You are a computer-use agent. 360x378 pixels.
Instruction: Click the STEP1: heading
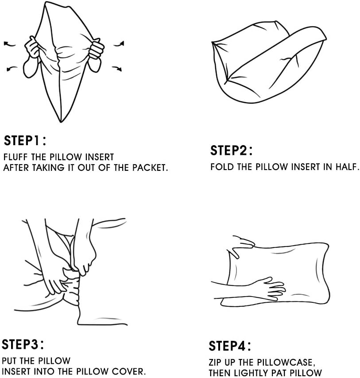tap(25, 141)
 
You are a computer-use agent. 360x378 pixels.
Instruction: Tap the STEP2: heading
tap(231, 150)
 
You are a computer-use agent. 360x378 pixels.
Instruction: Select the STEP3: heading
tap(23, 344)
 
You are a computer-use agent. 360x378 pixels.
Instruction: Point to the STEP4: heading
tap(230, 346)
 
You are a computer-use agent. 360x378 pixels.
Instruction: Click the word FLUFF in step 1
tap(15, 157)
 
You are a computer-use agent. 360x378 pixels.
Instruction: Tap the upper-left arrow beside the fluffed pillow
tap(9, 44)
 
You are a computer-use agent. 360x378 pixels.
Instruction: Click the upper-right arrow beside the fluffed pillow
tap(119, 44)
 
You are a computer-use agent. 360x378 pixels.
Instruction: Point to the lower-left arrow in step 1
tap(12, 69)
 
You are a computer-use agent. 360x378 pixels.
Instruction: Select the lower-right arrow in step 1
tap(117, 69)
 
